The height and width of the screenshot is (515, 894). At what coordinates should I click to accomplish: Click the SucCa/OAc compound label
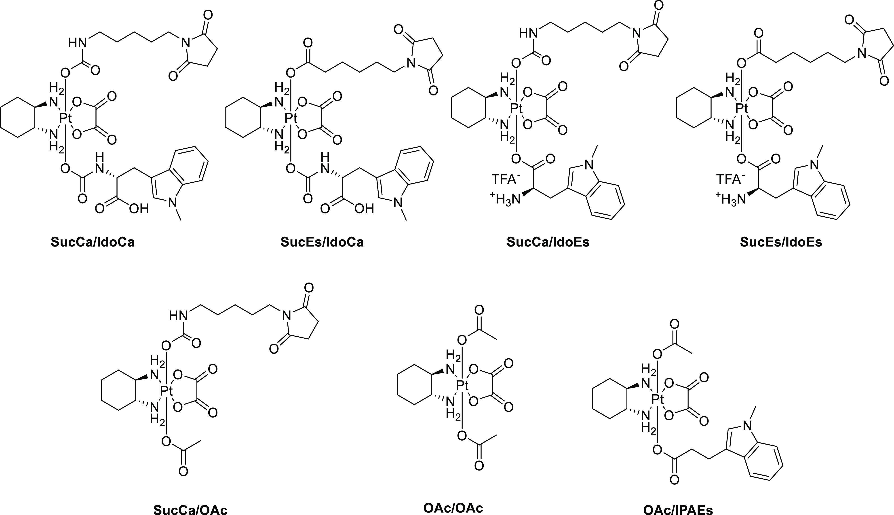(x=190, y=509)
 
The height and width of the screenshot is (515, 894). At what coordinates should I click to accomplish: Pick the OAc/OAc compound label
(x=453, y=508)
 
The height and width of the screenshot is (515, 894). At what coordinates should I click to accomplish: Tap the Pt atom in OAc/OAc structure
(x=462, y=385)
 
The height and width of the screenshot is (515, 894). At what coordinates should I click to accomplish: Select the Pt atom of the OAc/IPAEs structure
(x=658, y=400)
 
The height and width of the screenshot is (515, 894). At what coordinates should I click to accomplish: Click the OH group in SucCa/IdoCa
(x=139, y=209)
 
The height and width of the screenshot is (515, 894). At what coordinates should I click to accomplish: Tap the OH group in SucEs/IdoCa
(x=364, y=209)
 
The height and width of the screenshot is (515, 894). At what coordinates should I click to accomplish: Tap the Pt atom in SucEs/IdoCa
(x=291, y=118)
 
